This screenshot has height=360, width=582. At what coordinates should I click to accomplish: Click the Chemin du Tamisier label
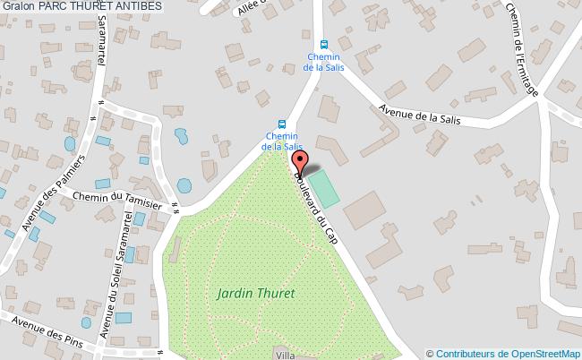(x=117, y=199)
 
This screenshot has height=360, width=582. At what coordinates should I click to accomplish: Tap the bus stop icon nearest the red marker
(x=282, y=125)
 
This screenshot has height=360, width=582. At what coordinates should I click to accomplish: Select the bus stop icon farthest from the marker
(x=324, y=43)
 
